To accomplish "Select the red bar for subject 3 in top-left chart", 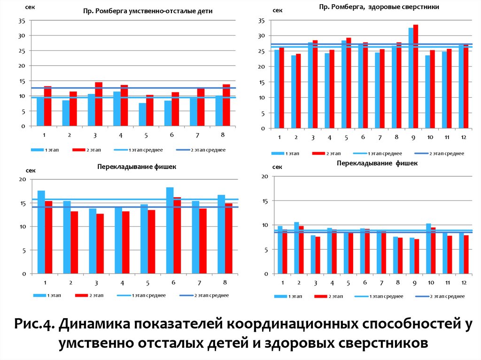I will click(99, 104).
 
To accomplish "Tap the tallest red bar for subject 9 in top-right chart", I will click(416, 77).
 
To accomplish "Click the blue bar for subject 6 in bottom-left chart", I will click(170, 230).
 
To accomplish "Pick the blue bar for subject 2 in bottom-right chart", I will click(296, 248).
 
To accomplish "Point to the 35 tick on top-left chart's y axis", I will click(22, 21).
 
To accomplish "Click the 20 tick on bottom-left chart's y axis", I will click(22, 179).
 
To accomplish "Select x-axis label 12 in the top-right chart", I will click(463, 137).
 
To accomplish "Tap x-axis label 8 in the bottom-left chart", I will click(225, 283).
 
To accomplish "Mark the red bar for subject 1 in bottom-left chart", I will click(48, 237).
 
